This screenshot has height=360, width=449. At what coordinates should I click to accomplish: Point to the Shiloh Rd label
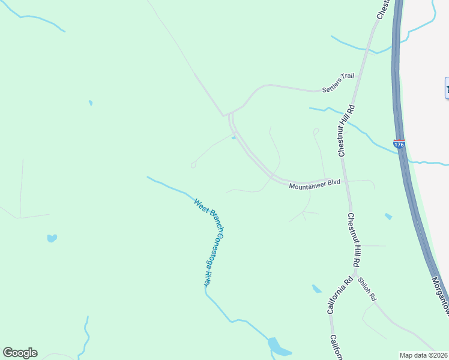pyautogui.click(x=367, y=289)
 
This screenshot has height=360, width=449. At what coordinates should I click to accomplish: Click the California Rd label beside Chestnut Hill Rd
pyautogui.click(x=339, y=295)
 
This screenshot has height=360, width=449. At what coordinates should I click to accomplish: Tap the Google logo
pyautogui.click(x=20, y=353)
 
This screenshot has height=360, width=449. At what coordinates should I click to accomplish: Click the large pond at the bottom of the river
pyautogui.click(x=278, y=347)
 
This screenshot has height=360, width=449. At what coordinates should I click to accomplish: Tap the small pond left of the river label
pyautogui.click(x=52, y=238)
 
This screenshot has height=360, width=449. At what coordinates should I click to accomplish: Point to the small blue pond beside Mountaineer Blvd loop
pyautogui.click(x=234, y=137)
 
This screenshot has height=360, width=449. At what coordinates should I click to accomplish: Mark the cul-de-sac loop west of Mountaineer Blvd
pyautogui.click(x=193, y=165)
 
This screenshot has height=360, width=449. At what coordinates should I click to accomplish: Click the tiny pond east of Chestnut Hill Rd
pyautogui.click(x=388, y=216)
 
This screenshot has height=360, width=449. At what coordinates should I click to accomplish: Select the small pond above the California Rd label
pyautogui.click(x=317, y=289)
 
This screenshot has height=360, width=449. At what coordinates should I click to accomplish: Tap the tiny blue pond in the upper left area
pyautogui.click(x=91, y=103)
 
